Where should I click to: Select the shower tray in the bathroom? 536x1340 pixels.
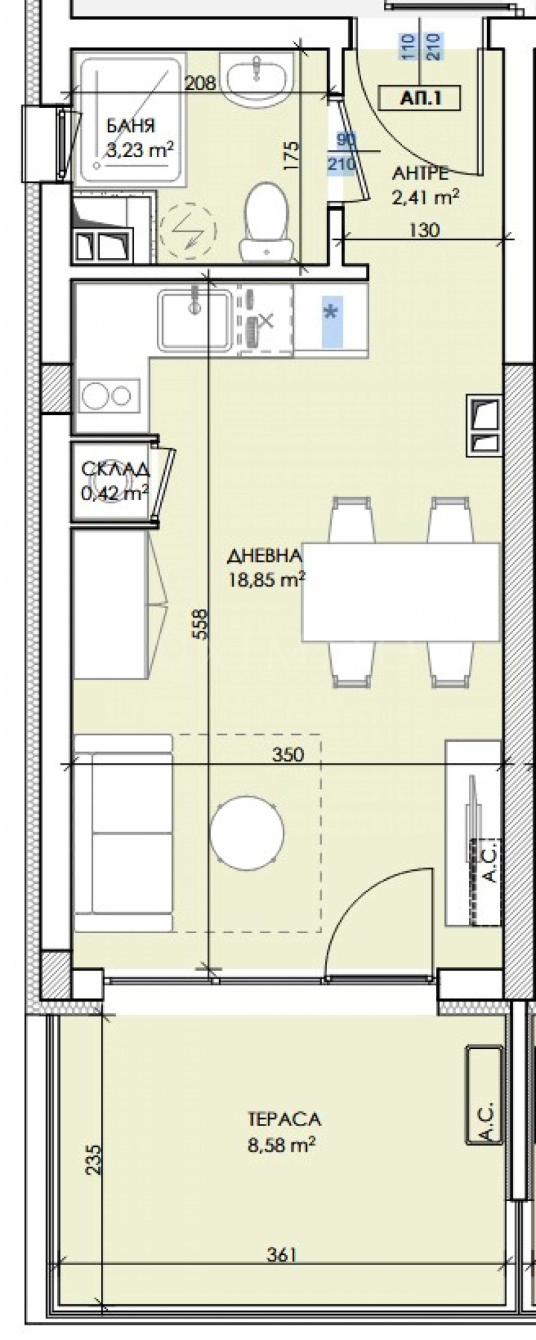[130, 121]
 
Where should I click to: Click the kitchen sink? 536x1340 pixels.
[195, 319]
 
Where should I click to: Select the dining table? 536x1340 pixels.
[401, 593]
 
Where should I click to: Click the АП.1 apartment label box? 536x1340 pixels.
[420, 99]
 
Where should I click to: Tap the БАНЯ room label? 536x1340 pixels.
[131, 125]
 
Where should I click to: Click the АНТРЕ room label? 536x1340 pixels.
[420, 173]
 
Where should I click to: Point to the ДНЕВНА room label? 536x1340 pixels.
[265, 555]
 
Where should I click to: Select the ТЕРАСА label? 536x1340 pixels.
[284, 1119]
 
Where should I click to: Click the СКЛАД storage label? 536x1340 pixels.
[115, 469]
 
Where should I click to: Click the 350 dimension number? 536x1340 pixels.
[288, 754]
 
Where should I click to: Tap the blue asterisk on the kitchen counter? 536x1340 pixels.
[331, 313]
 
